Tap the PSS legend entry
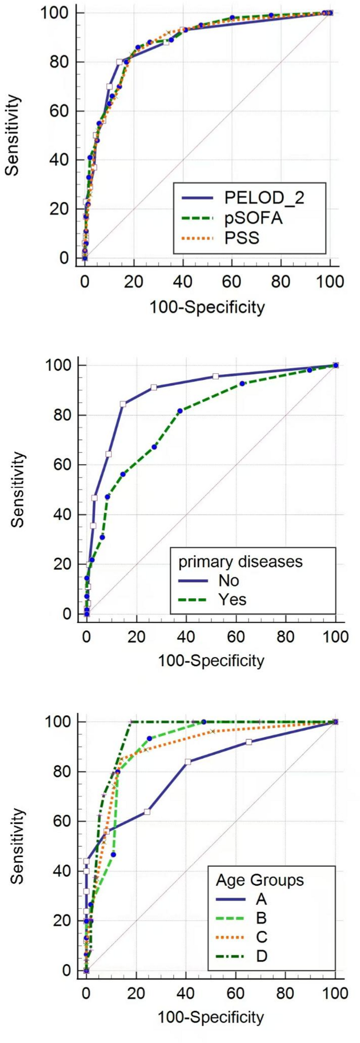coord(242,238)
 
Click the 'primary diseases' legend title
coord(241,561)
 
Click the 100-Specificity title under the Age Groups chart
coord(211,1017)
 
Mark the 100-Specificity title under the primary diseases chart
coord(211,660)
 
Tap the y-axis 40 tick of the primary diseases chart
coord(66,514)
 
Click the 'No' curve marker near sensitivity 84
coord(123,404)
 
